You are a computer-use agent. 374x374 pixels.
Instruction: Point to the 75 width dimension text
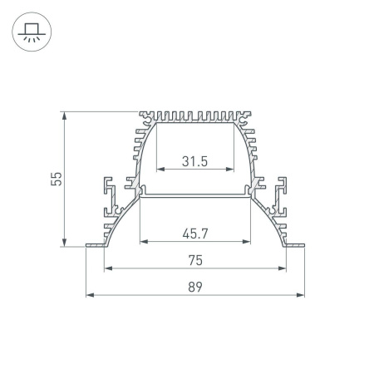tap(194, 259)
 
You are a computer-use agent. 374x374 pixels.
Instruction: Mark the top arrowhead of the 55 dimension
tap(64, 116)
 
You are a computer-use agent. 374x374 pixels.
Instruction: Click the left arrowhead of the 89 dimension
tap(90, 295)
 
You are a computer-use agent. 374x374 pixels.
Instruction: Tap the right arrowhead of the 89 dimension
tap(300, 295)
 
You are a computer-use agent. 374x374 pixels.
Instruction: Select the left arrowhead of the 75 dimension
tap(108, 268)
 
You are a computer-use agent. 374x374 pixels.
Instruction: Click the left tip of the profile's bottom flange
tap(88, 245)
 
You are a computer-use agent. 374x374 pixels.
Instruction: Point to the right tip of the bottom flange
tap(302, 245)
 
